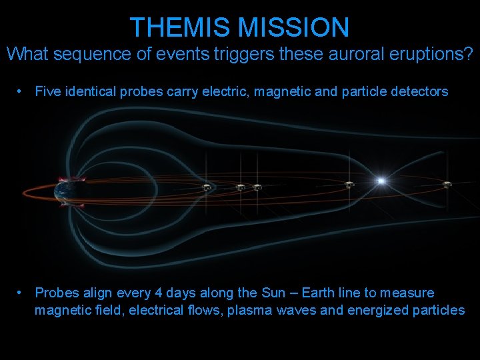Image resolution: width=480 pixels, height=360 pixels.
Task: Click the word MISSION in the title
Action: pyautogui.click(x=293, y=27)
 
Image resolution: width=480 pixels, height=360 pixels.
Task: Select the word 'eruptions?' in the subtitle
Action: pyautogui.click(x=435, y=54)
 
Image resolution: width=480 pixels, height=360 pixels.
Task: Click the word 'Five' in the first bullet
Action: pyautogui.click(x=47, y=91)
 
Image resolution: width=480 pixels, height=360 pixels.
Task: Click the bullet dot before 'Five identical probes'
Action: pyautogui.click(x=22, y=91)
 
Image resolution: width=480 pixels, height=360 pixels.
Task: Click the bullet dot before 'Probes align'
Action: pyautogui.click(x=22, y=293)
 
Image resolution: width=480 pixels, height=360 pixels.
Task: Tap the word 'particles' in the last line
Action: pyautogui.click(x=436, y=310)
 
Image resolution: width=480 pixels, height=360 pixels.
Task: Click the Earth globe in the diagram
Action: pyautogui.click(x=66, y=193)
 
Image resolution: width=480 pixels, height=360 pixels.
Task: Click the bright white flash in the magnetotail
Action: pyautogui.click(x=381, y=181)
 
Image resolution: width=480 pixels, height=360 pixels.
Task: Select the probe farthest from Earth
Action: pyautogui.click(x=447, y=184)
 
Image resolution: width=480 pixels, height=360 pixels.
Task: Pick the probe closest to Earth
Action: pyautogui.click(x=208, y=187)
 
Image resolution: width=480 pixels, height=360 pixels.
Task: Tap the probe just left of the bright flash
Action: pyautogui.click(x=348, y=184)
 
